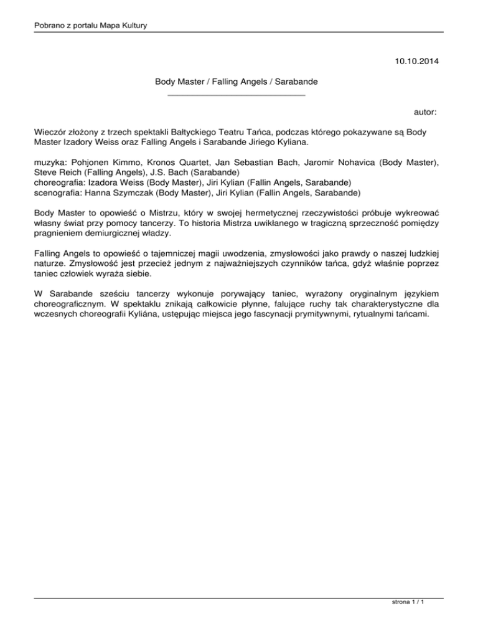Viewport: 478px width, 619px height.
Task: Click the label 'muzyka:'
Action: point(51,162)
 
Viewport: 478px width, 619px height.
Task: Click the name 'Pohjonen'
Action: point(95,162)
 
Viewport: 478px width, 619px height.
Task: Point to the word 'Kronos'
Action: point(164,162)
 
